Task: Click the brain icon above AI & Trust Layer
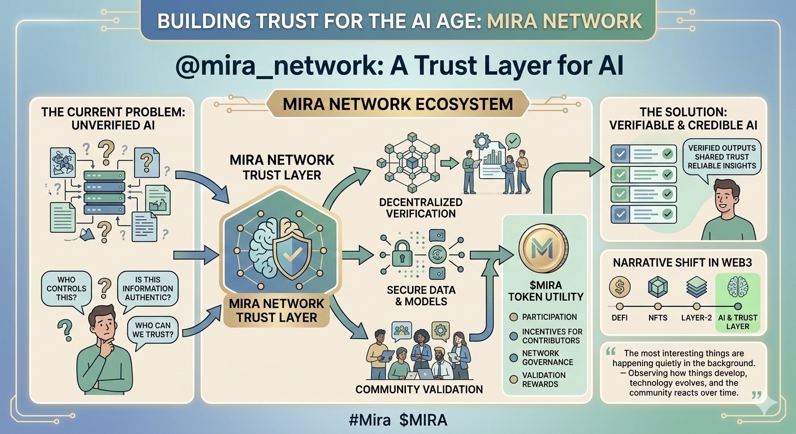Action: [x=738, y=287]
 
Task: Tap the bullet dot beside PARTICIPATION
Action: [x=513, y=317]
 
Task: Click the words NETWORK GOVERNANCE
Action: [x=547, y=358]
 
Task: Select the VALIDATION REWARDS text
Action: [x=543, y=380]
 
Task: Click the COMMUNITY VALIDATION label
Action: [x=419, y=389]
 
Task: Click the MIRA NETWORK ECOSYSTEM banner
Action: [x=397, y=104]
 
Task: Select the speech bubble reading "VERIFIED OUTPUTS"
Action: [x=721, y=157]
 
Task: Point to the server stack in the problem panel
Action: [x=105, y=192]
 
